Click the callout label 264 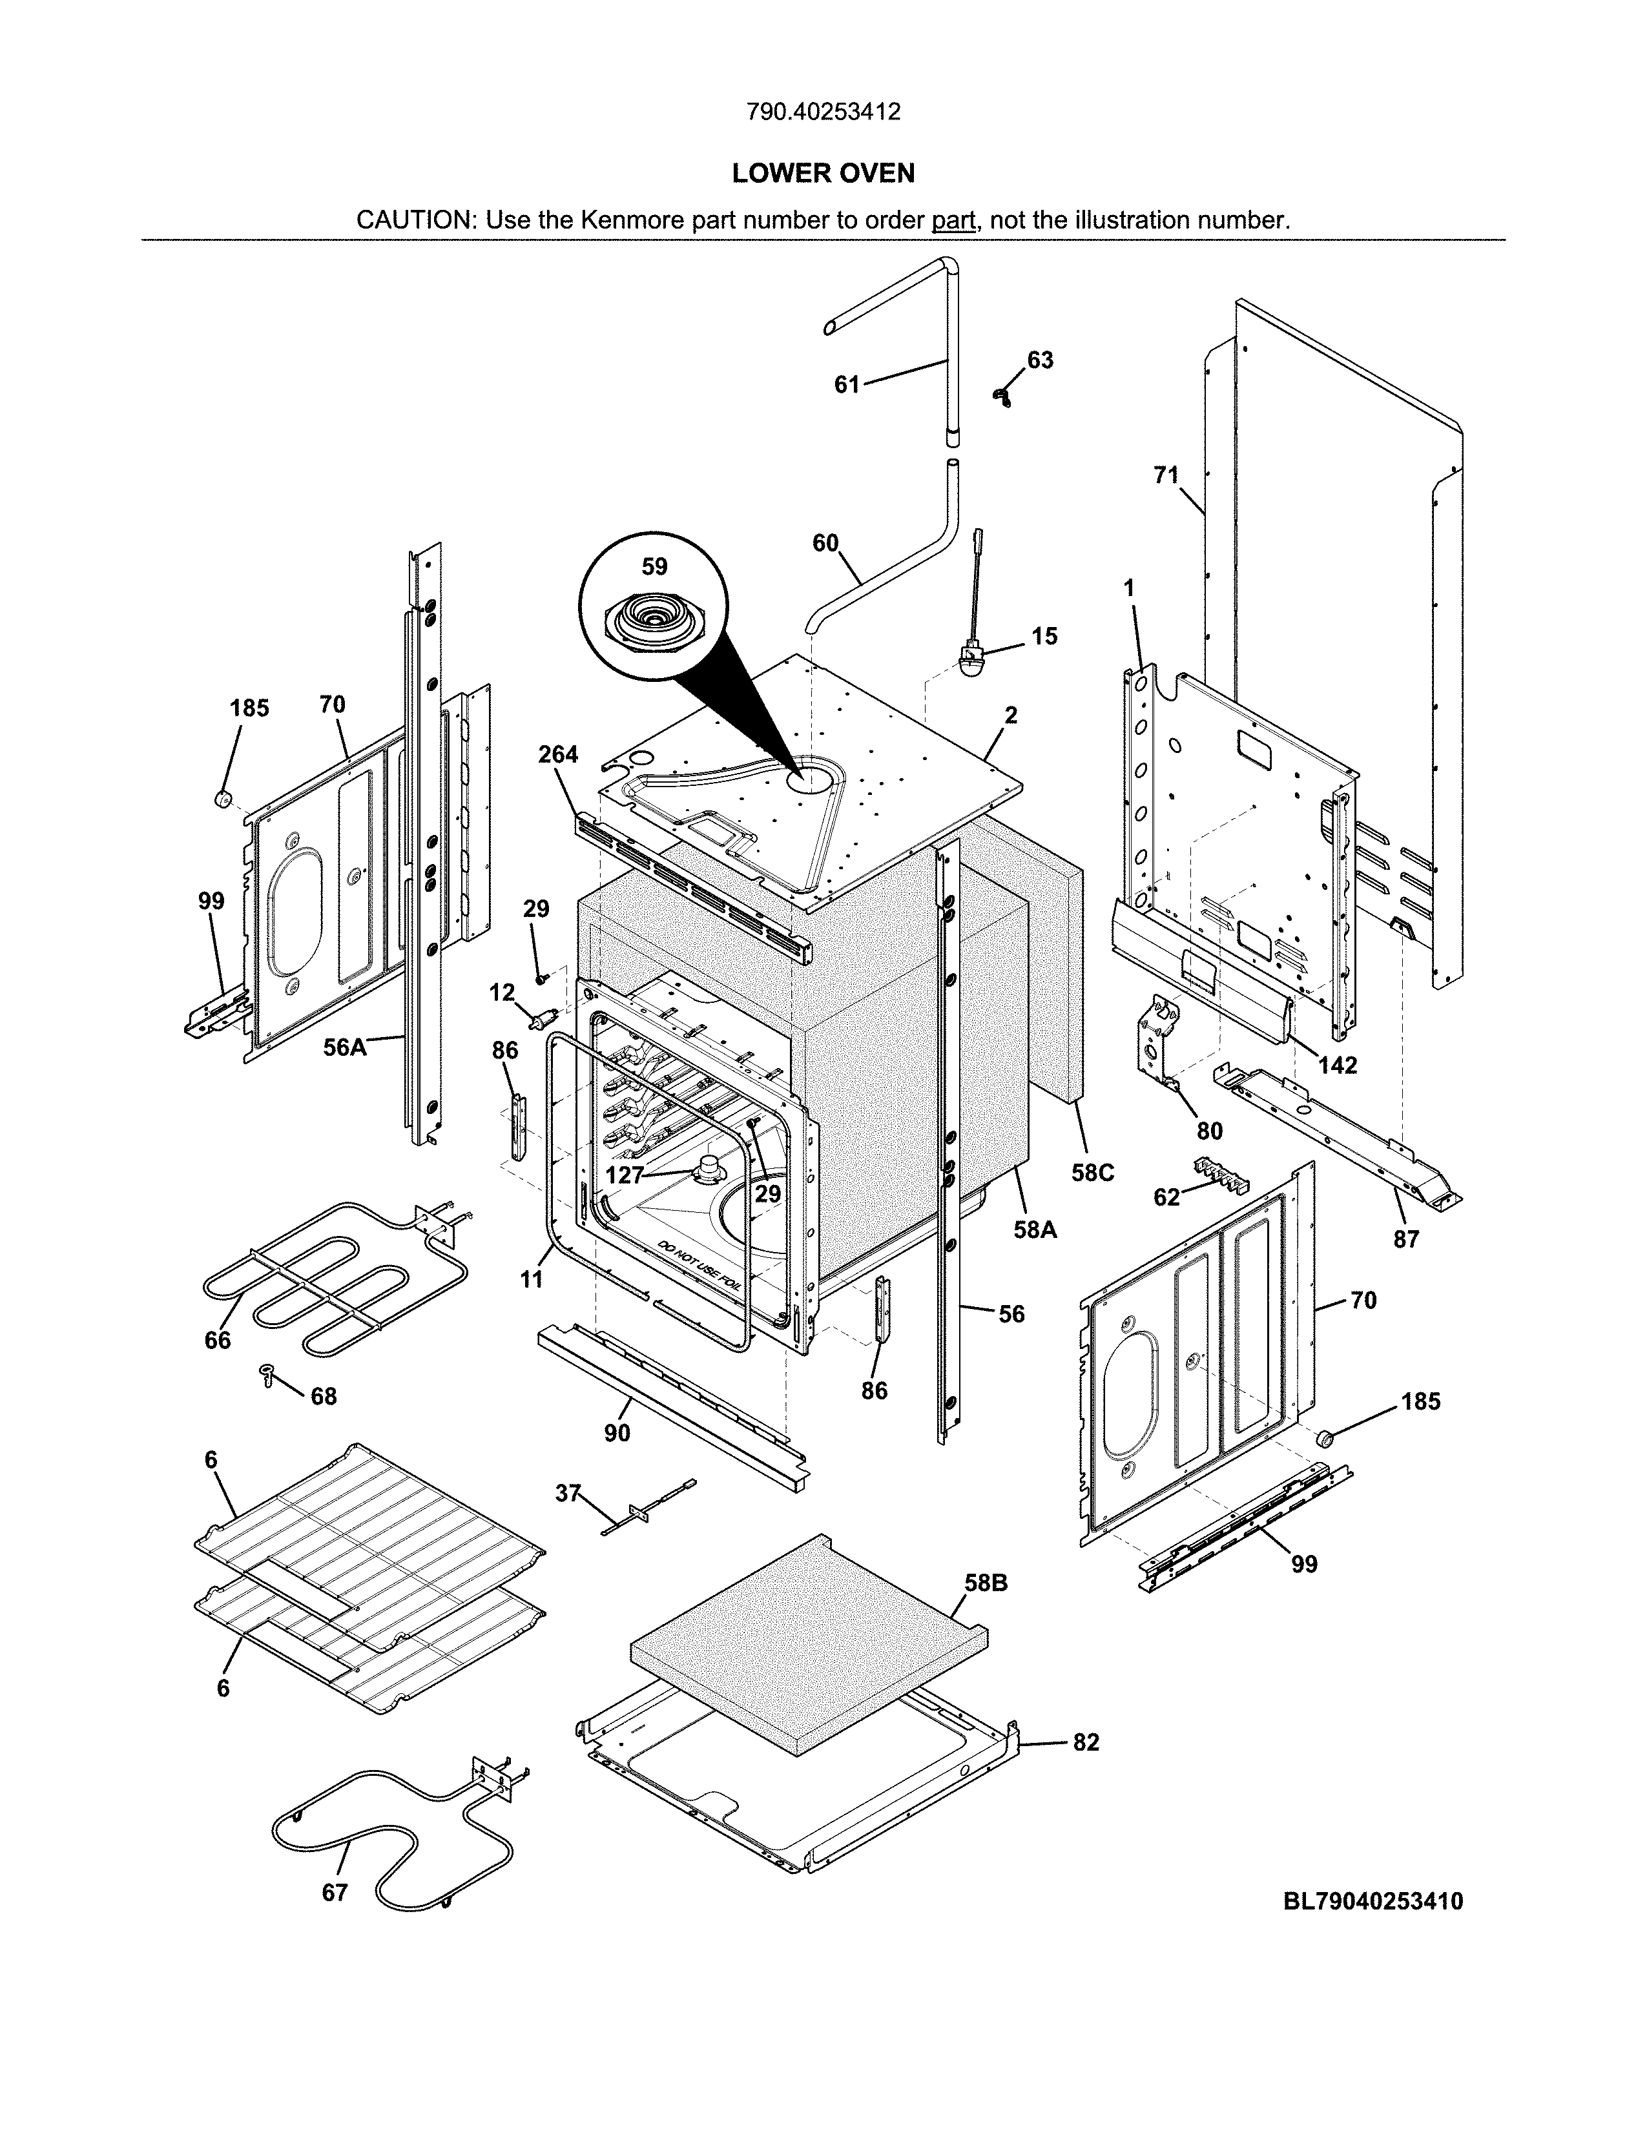(x=558, y=754)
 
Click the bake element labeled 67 (x=390, y=1835)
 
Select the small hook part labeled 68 (x=266, y=1374)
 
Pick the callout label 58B (x=986, y=1583)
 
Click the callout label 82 (x=1085, y=1742)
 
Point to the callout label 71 (x=1166, y=475)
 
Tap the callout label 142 (x=1338, y=1065)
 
